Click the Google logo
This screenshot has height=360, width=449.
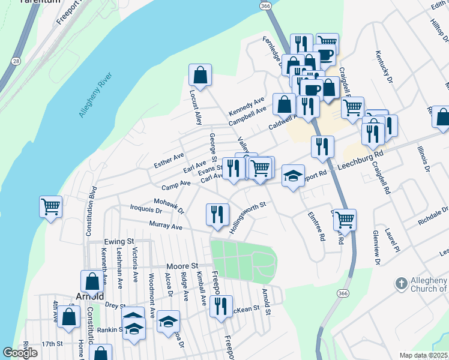point(20,353)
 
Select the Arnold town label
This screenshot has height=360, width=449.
point(90,296)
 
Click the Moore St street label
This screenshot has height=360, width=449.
point(182,265)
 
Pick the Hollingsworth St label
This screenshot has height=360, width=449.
point(243,212)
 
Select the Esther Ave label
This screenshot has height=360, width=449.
point(169,160)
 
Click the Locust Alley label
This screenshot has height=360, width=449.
point(195,107)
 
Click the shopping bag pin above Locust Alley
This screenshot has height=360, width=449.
point(200,75)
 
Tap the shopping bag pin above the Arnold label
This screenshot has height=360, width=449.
point(92,281)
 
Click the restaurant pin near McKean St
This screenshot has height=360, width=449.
point(221,305)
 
